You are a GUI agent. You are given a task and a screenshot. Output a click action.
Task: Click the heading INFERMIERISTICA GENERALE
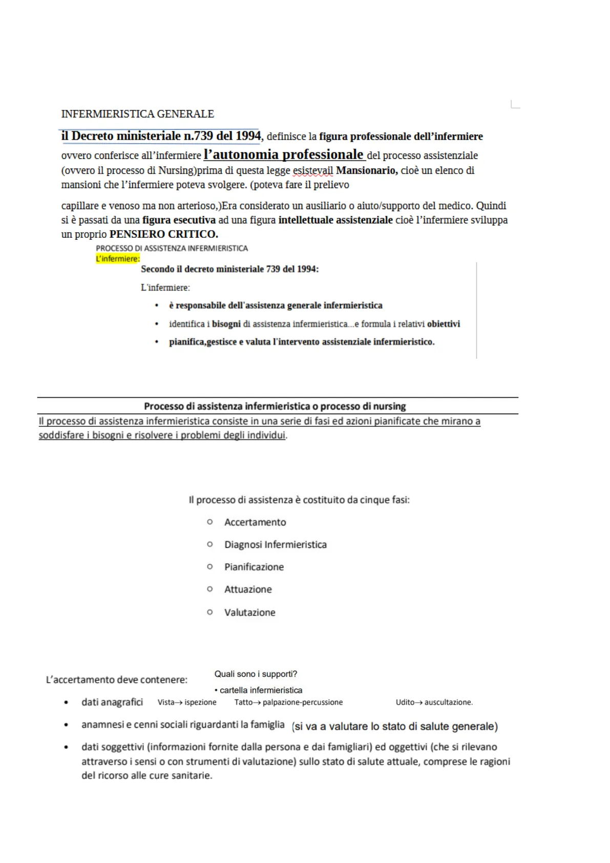137,114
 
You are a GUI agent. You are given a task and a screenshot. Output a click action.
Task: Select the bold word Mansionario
367,171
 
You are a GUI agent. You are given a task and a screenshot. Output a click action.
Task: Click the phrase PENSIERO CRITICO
164,234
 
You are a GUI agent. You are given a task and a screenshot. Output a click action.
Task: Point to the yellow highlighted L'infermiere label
118,259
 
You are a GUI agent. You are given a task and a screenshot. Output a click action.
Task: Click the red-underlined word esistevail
312,171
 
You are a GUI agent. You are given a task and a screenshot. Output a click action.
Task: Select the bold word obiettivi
444,324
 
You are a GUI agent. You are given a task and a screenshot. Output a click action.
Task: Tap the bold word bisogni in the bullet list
226,324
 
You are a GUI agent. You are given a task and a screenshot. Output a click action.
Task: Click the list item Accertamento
255,522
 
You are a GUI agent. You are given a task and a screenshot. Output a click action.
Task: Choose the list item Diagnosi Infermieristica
276,545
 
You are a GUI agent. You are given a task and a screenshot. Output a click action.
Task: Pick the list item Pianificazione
254,567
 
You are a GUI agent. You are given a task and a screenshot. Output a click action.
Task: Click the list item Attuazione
248,589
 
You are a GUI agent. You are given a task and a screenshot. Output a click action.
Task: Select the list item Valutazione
250,612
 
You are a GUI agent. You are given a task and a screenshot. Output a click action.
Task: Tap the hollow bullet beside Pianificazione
209,567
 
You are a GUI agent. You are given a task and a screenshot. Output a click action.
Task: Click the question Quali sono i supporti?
256,674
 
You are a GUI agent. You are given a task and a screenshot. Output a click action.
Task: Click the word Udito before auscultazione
405,702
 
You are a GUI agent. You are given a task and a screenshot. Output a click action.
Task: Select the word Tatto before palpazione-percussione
243,702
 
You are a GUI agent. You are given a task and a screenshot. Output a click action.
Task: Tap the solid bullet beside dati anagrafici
66,703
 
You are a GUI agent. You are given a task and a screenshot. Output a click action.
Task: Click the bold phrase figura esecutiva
179,220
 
